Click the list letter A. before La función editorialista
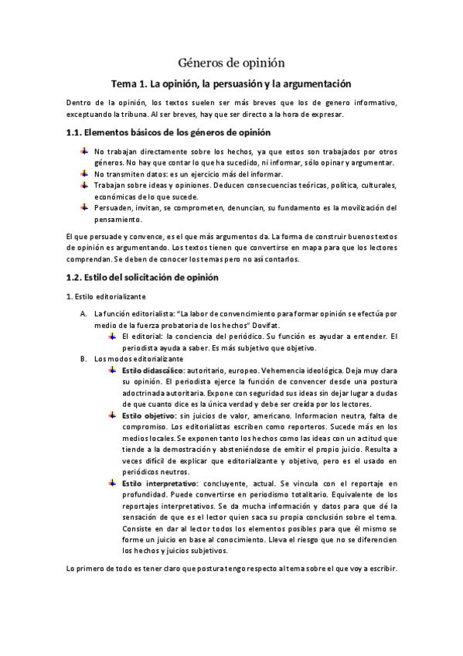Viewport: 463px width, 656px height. point(83,314)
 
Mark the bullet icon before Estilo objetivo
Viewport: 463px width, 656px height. point(113,415)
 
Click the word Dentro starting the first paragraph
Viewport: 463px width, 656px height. point(79,103)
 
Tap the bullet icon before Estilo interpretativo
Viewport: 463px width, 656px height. point(113,483)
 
